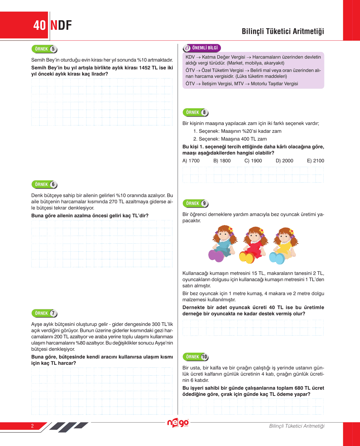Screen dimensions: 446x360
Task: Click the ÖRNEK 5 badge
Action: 44,49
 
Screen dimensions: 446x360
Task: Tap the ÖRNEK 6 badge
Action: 44,184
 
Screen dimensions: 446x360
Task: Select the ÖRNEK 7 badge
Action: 44,313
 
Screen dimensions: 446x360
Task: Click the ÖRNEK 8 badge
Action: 195,112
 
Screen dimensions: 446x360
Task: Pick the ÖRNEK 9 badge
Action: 195,204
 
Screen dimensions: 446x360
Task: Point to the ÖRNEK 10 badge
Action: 195,357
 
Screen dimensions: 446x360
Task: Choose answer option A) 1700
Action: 191,161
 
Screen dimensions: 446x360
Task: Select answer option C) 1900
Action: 253,161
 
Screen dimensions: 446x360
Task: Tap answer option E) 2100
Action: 316,161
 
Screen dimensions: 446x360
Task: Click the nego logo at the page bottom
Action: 178,423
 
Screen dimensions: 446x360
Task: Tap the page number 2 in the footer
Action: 32,426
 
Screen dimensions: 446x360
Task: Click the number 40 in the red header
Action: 40,25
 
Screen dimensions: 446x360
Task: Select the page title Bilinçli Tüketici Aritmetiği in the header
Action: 283,31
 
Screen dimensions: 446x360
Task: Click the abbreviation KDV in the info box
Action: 190,57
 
